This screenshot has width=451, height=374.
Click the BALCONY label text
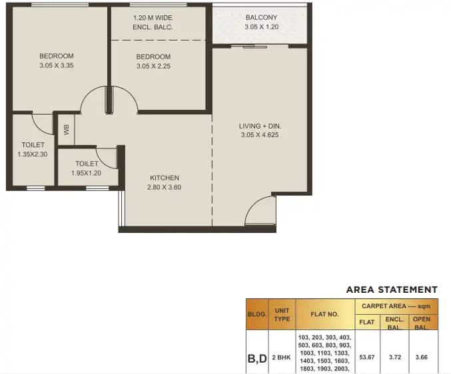(261, 17)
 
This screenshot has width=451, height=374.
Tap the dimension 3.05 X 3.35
(56, 66)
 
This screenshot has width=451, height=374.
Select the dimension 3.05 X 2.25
(153, 67)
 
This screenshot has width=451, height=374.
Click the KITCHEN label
(164, 178)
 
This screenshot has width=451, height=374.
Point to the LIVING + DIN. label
(260, 126)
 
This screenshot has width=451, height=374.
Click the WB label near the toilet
(66, 130)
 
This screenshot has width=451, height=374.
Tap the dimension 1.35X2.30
(33, 154)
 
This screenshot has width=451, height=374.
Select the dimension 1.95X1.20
(87, 173)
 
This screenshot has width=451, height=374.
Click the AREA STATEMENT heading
(392, 289)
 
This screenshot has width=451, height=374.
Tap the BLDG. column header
(257, 313)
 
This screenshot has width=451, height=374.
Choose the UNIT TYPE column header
(282, 313)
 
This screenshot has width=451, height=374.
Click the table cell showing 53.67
(366, 357)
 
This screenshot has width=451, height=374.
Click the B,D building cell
(257, 357)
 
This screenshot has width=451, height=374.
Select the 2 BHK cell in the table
(282, 357)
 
